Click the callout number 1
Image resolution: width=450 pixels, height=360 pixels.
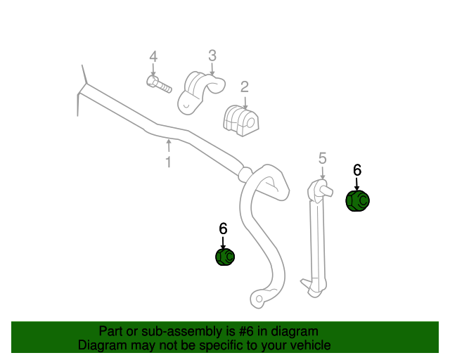pos(169,162)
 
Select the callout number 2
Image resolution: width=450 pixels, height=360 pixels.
pos(244,87)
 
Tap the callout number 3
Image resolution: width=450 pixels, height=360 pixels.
pos(212,56)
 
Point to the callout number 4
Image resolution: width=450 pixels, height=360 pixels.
pos(153,56)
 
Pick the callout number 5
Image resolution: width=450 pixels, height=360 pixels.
pos(323,158)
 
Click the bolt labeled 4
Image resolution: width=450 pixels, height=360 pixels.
pos(159,84)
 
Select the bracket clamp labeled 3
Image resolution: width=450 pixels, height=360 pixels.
pos(201,92)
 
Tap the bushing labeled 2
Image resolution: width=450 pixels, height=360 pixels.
pos(241,121)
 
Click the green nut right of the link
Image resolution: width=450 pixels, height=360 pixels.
pos(357,200)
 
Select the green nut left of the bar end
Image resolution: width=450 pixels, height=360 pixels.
pos(225,257)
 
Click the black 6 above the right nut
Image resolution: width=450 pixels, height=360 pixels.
pos(357,170)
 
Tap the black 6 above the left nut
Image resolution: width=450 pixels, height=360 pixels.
pos(223,229)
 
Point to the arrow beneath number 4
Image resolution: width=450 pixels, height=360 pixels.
pos(153,70)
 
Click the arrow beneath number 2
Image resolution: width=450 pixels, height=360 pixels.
pos(245,103)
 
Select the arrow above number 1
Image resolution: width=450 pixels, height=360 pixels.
pos(169,146)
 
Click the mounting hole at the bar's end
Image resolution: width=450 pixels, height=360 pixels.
pos(259,299)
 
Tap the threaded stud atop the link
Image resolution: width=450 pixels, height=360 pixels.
pos(327,191)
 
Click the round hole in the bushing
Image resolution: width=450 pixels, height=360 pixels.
pos(250,122)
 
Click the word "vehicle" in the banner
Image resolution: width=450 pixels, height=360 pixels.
pos(313,345)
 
